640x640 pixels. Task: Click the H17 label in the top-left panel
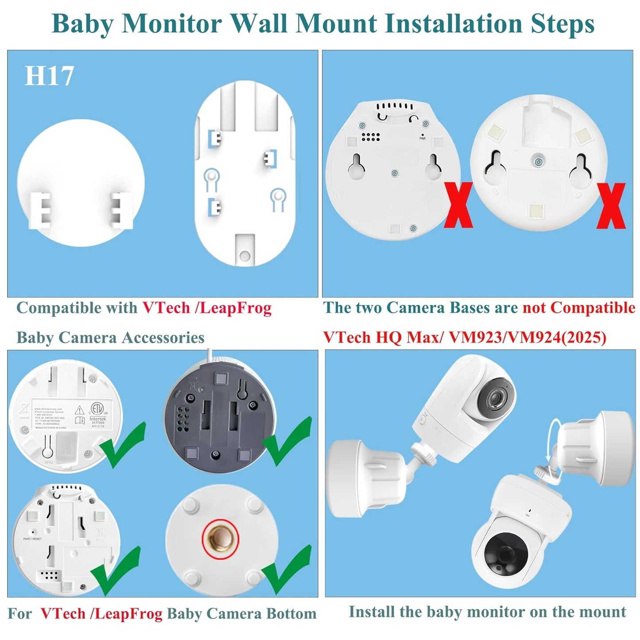49,76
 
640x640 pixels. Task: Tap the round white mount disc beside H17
81,183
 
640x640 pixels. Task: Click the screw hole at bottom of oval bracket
244,256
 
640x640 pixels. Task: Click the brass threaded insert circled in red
220,539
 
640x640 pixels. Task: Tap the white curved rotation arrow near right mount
552,438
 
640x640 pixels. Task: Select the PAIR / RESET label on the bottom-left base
32,539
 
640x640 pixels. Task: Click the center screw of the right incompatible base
538,163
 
